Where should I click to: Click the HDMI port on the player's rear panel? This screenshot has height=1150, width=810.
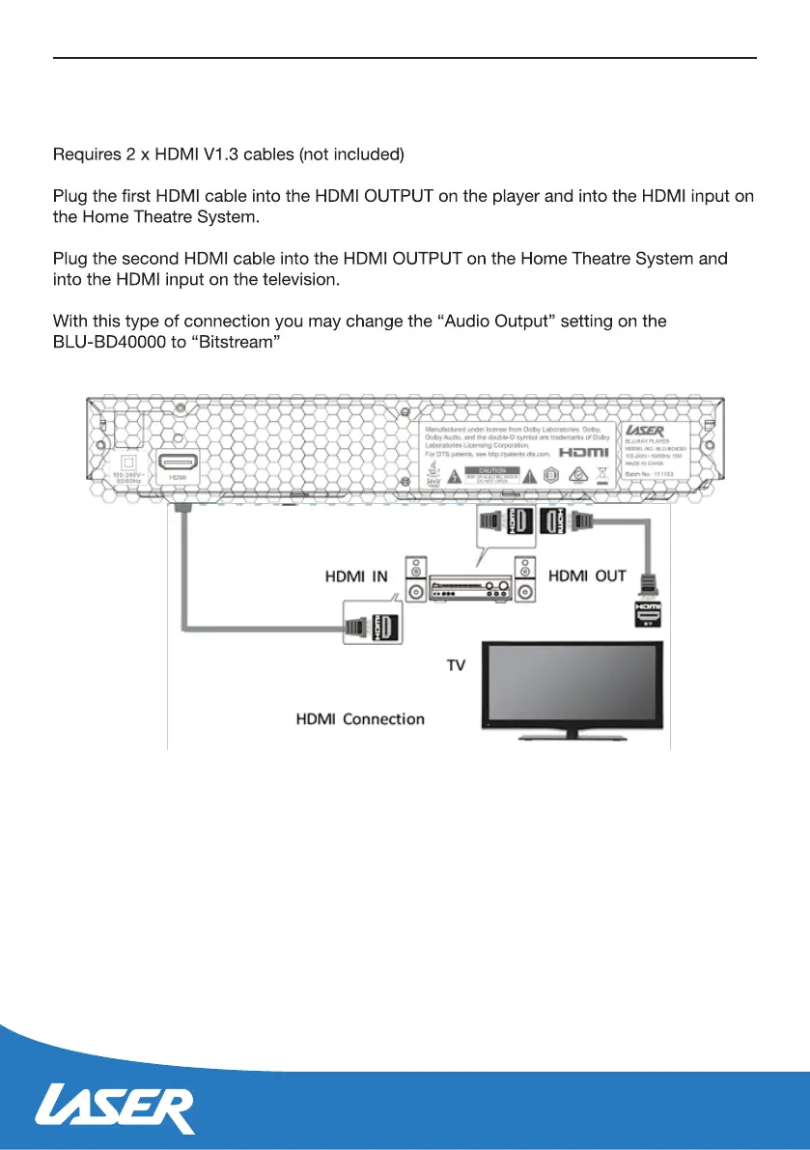(178, 463)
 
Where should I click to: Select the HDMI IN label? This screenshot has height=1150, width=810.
(354, 576)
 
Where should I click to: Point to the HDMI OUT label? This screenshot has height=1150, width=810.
(587, 575)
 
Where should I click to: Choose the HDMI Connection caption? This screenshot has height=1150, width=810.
(359, 718)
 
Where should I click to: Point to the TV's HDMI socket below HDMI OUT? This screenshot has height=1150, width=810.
(646, 613)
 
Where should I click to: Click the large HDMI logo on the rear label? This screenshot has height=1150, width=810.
(586, 453)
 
